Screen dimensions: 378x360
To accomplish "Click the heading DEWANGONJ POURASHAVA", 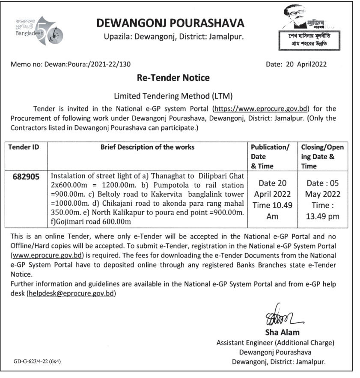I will [x=170, y=23].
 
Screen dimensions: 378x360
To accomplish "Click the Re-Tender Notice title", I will [x=173, y=78].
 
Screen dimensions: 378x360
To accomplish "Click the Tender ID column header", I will [x=24, y=147].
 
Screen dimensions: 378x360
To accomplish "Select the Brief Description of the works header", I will [x=147, y=147].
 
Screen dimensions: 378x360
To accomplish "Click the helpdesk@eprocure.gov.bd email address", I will [x=71, y=294].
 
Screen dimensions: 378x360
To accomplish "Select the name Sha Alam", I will [x=283, y=332].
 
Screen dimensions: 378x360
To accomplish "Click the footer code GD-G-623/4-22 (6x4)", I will [x=37, y=361].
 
